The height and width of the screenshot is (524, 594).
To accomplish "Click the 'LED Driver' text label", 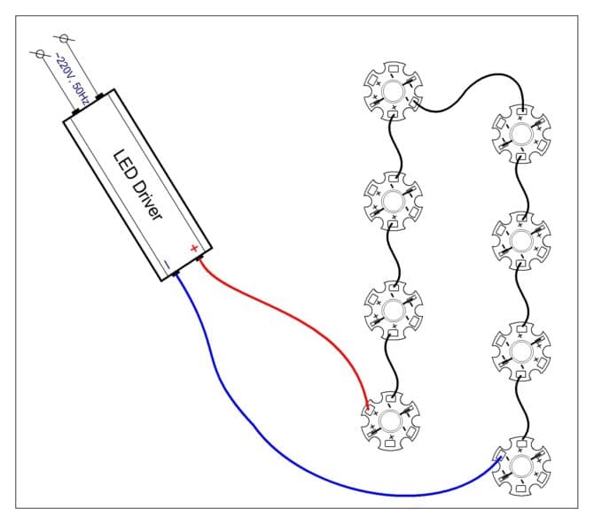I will point(137,185).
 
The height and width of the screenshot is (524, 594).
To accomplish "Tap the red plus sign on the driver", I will point(193,248).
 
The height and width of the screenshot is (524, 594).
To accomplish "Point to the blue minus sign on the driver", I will point(167,263).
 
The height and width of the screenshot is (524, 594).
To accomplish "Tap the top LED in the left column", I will point(394,89).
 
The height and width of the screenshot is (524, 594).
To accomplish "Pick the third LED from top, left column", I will point(393,308).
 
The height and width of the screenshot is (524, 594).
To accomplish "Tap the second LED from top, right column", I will point(520,240).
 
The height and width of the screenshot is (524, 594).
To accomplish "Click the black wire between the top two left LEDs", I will point(397,145).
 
